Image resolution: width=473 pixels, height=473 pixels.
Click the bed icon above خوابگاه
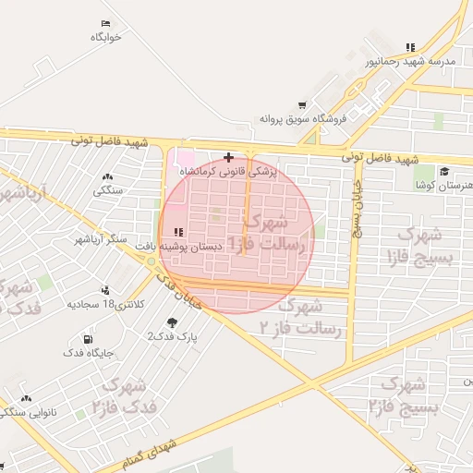pyautogui.click(x=106, y=23)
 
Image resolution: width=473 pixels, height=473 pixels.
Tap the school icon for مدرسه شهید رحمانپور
pyautogui.click(x=410, y=47)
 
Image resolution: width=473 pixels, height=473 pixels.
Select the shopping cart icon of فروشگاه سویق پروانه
pyautogui.click(x=302, y=105)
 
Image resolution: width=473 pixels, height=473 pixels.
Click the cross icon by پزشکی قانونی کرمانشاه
pyautogui.click(x=229, y=157)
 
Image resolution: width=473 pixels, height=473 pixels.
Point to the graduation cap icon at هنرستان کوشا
pyautogui.click(x=444, y=171)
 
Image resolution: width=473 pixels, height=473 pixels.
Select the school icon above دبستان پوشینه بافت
pyautogui.click(x=177, y=232)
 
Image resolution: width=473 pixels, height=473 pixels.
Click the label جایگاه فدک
pyautogui.click(x=88, y=353)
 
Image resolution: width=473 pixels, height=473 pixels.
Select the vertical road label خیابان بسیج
pyautogui.click(x=356, y=209)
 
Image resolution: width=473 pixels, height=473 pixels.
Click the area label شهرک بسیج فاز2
pyautogui.click(x=402, y=394)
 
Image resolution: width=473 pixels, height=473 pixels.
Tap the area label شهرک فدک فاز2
pyautogui.click(x=125, y=395)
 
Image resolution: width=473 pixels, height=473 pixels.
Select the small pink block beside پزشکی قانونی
pyautogui.click(x=187, y=158)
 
